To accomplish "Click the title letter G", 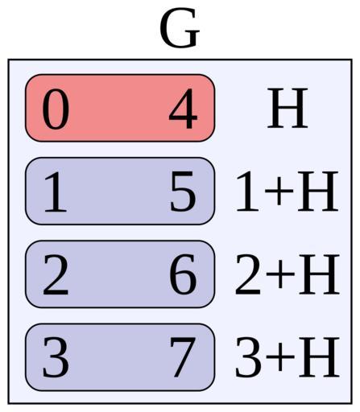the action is pos(180,28).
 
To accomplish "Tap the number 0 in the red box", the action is pos(56,109).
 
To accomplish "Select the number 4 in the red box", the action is pos(184,109).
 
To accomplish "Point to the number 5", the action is pos(183,192).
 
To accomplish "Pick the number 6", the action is pos(183,274).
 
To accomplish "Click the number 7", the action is pos(183,357).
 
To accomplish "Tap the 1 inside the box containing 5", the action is pos(56,192).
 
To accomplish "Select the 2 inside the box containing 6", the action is pos(56,274).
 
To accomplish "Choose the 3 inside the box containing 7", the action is pos(56,357).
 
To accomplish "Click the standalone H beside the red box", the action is pos(288,108).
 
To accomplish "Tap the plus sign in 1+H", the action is pos(279,190).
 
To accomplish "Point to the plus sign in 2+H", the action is pos(280,274).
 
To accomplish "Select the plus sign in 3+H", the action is pos(280,356).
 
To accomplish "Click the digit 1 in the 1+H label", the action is pos(248,191).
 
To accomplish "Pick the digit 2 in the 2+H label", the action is pos(248,274).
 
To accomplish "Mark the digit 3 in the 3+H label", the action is pos(248,356).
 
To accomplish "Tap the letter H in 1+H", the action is pos(317,191).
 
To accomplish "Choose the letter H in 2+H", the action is pos(319,274).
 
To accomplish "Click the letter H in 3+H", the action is pos(319,356).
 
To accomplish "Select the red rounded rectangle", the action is pos(120,108).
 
